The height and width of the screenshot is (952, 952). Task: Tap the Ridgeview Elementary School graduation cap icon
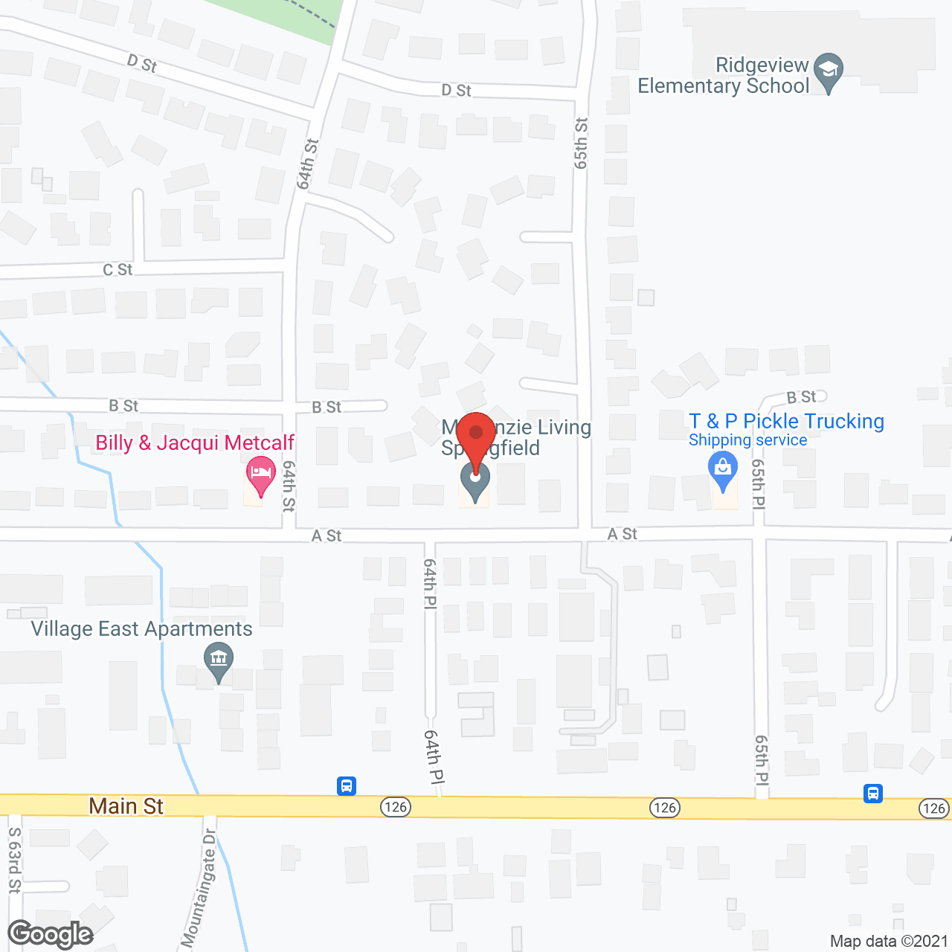coord(828,71)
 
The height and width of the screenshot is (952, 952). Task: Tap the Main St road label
coord(126,806)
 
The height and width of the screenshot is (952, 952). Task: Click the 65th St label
coord(581,143)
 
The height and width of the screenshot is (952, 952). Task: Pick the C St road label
coord(118,269)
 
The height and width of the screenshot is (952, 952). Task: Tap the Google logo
coord(51,934)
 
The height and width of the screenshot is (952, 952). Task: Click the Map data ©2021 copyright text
coord(889,941)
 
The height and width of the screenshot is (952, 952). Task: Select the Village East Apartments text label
coord(141,629)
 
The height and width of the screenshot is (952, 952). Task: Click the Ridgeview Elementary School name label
coord(724,76)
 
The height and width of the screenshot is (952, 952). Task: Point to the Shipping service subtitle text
coord(747,440)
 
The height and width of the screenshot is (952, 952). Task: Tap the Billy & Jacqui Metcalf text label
coord(195,443)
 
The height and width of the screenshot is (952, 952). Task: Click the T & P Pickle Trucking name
coord(786,422)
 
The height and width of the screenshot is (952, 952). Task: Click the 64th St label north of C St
coord(306,164)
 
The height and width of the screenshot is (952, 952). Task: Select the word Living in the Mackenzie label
coord(564,428)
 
